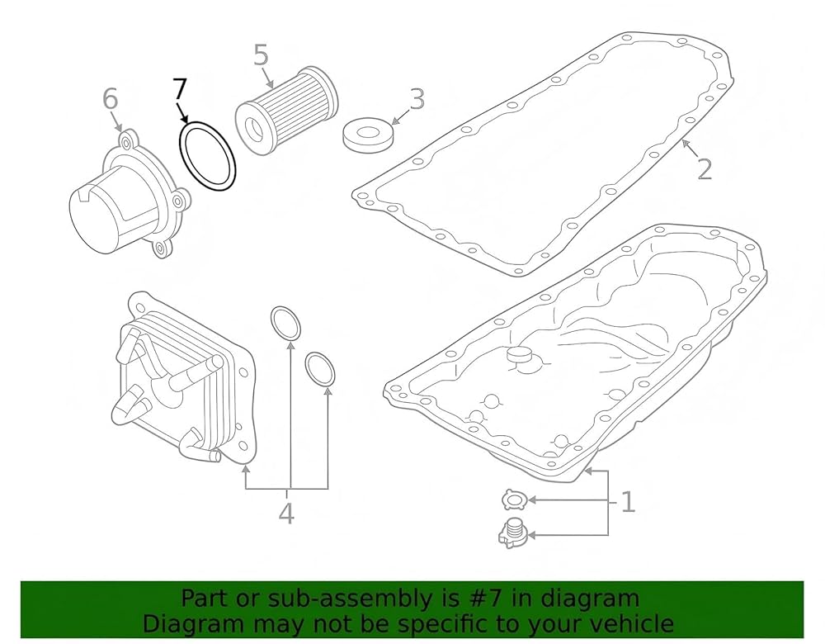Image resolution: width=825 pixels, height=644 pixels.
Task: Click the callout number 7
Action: coord(179,89)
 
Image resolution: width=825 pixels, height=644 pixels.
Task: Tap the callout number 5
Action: coord(261,54)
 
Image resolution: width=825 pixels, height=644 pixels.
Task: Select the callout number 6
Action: coord(111,99)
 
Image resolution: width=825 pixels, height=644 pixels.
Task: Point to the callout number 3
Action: coord(417,99)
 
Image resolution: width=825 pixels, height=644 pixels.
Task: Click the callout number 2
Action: coord(705,168)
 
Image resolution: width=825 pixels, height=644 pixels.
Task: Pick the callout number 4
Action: coord(286,513)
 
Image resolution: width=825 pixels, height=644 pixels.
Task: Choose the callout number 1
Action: coord(628,502)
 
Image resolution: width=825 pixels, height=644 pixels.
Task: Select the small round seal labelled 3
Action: coord(368,136)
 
